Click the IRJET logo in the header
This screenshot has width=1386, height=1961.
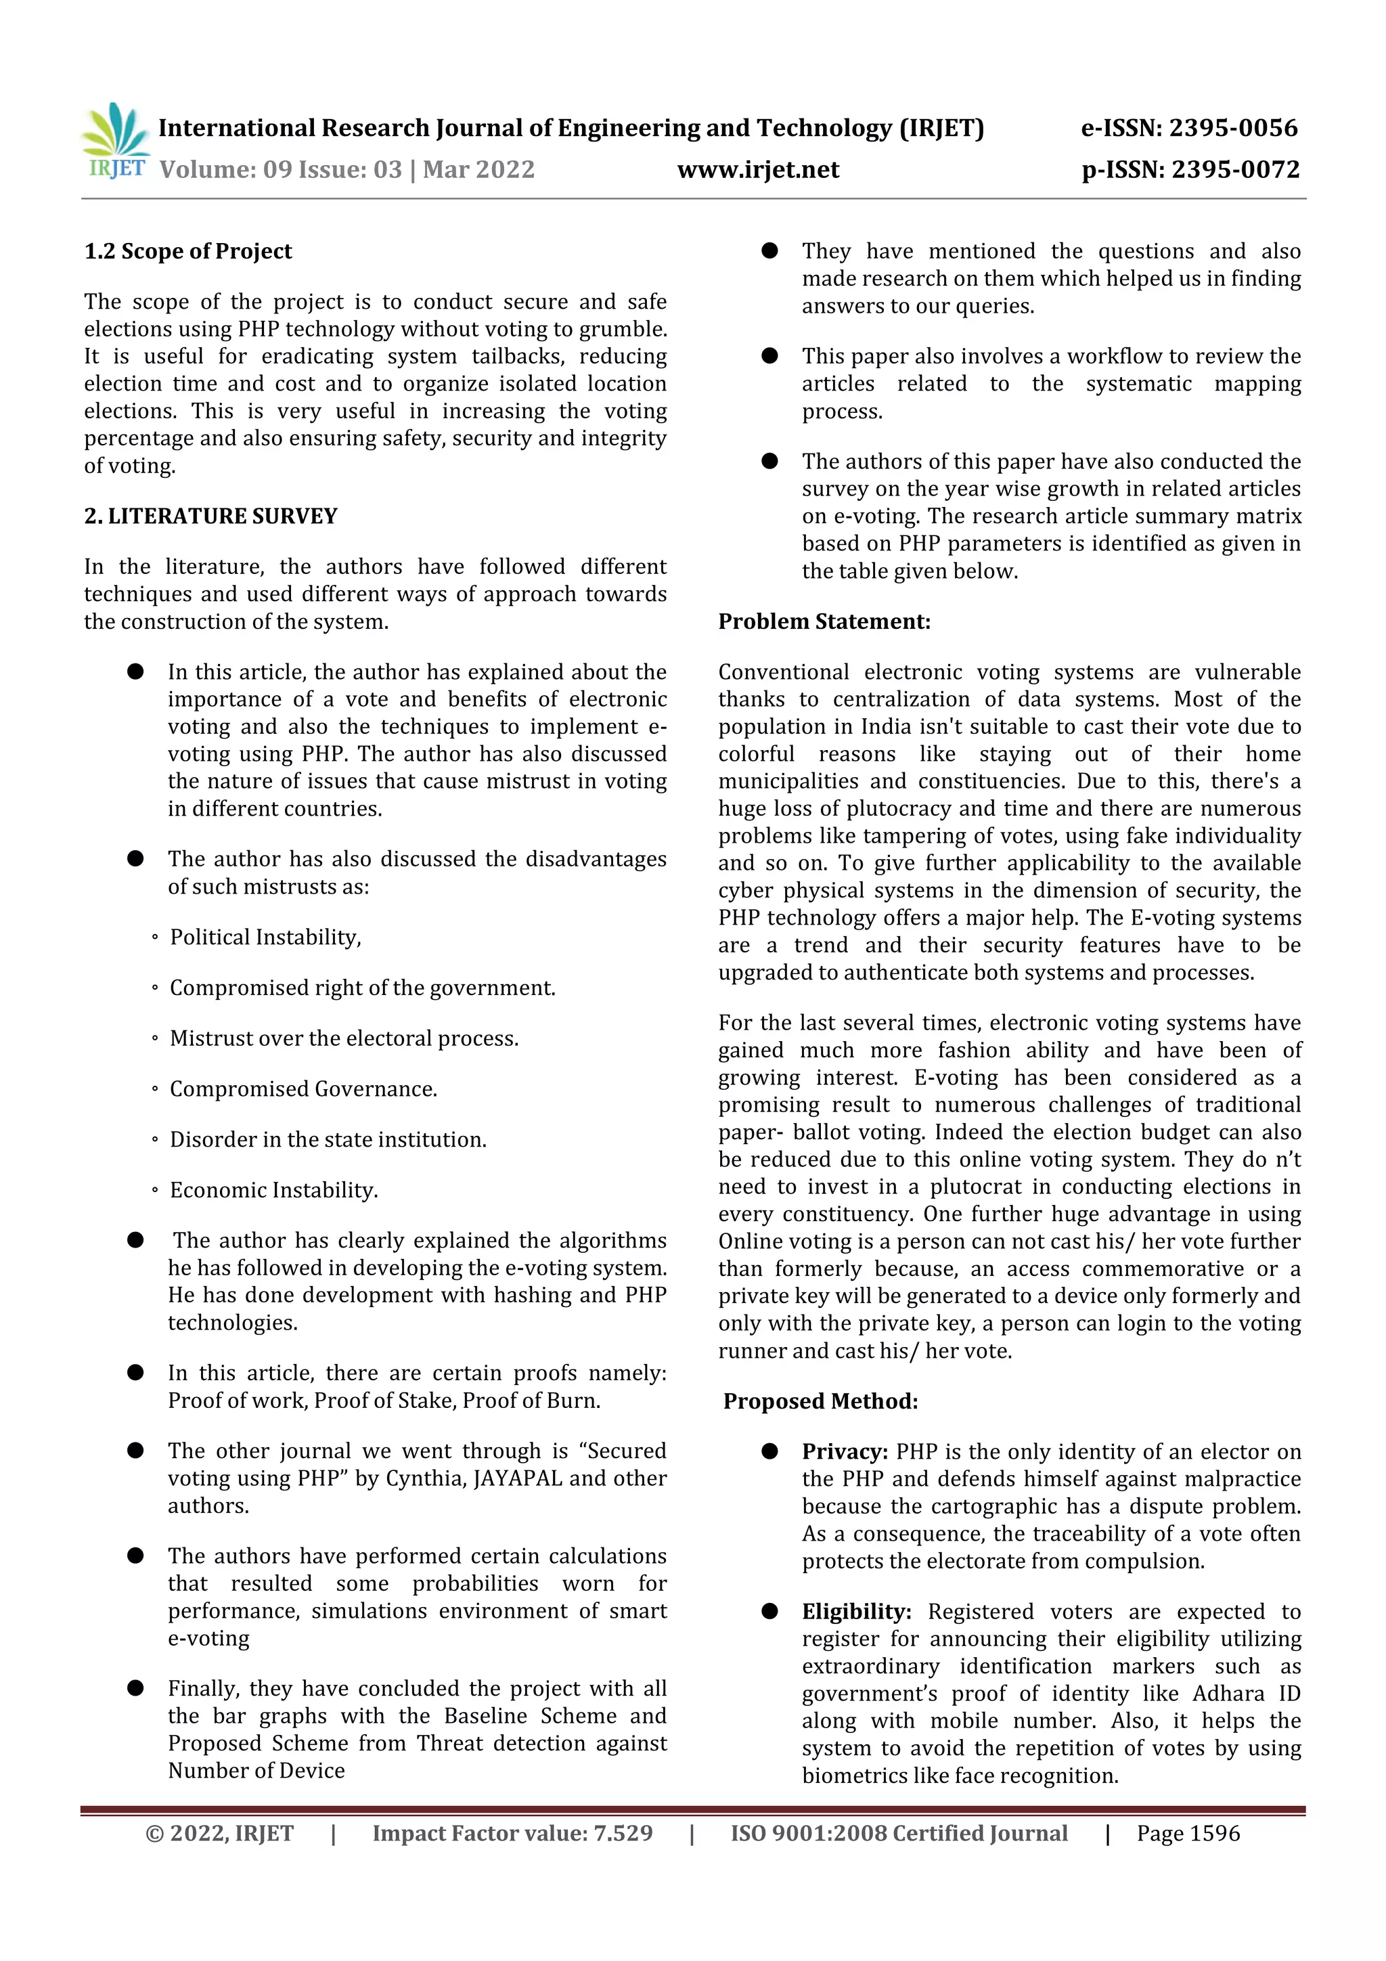[x=115, y=141]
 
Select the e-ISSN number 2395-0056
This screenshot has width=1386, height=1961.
[x=1232, y=128]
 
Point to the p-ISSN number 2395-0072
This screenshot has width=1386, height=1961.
[x=1235, y=170]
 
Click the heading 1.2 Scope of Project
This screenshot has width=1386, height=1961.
[x=188, y=252]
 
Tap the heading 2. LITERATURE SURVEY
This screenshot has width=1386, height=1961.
[x=211, y=516]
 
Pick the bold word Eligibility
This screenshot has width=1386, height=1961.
[x=855, y=1612]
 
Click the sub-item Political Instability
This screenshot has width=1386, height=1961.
[x=265, y=938]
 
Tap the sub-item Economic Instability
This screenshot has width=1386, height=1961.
[x=273, y=1191]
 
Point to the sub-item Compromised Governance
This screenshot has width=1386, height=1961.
[x=303, y=1090]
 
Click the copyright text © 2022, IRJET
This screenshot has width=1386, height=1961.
[x=219, y=1834]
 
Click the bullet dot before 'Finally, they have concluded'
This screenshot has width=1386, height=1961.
[x=135, y=1688]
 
